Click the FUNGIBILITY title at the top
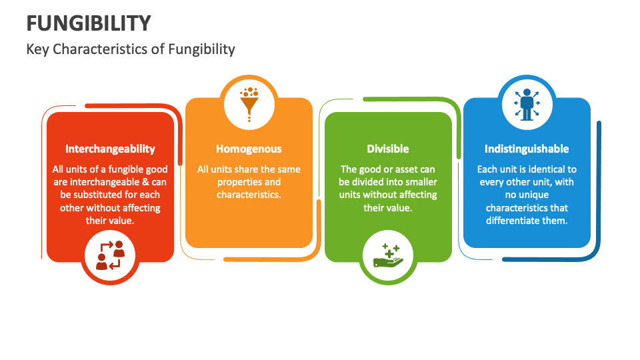coord(89,23)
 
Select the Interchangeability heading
coord(110,149)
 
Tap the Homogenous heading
coord(249,149)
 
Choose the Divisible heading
coord(388,149)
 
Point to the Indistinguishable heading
coord(527,149)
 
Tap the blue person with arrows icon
coord(527,105)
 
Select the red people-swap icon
coord(110,255)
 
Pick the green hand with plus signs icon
coord(388,256)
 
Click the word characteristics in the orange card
coord(249,195)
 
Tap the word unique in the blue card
coord(533,195)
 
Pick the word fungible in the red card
coord(121,169)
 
